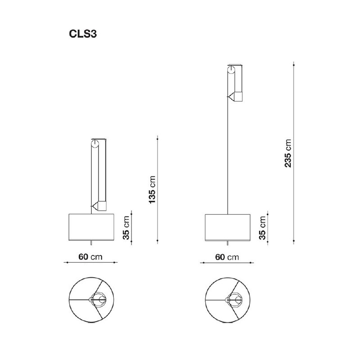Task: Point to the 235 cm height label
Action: point(288,153)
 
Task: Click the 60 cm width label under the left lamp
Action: point(90,257)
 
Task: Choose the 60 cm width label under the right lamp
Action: point(227,257)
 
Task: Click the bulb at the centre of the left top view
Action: point(99,299)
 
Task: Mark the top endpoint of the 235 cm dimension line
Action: point(293,63)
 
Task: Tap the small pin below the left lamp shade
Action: point(91,243)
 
